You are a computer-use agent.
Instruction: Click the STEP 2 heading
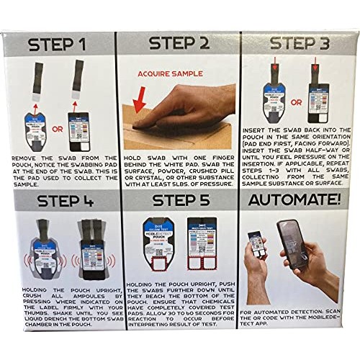(180, 43)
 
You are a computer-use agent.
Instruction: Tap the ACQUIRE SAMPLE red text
(167, 74)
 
